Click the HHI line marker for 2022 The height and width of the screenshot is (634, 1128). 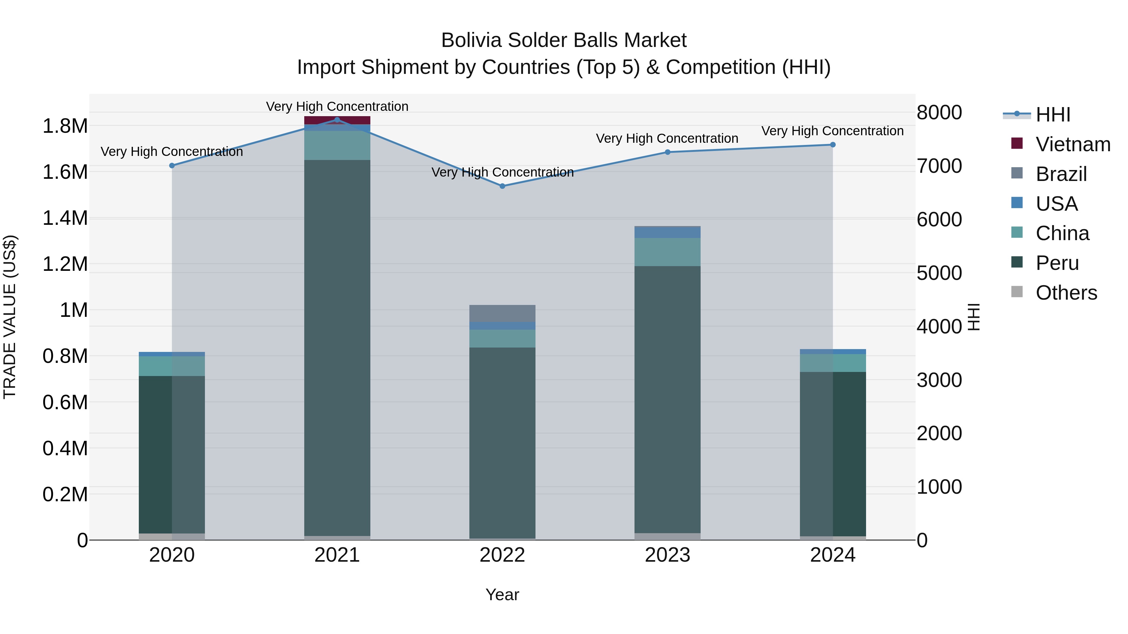click(502, 186)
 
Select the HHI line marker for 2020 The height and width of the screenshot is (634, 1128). click(172, 165)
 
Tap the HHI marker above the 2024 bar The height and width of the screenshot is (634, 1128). click(833, 145)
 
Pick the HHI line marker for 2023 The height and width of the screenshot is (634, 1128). click(667, 152)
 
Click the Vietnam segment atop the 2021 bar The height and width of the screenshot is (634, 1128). click(337, 120)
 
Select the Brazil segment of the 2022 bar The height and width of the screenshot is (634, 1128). click(502, 313)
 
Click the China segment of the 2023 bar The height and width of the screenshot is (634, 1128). click(667, 252)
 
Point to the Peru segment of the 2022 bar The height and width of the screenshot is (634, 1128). click(502, 442)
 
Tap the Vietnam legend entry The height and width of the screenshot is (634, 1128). click(1073, 144)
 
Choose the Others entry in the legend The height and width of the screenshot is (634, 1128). click(1066, 293)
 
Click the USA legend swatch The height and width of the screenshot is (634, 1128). click(1017, 203)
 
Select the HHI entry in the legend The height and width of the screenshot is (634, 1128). click(1053, 115)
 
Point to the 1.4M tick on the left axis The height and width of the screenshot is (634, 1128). click(65, 218)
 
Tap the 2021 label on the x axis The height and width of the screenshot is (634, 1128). click(337, 555)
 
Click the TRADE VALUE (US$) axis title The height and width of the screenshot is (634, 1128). click(10, 317)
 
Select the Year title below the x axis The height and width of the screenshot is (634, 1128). click(502, 595)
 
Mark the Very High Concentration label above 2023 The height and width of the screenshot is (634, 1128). click(667, 138)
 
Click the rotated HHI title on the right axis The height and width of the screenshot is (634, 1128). click(973, 317)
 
